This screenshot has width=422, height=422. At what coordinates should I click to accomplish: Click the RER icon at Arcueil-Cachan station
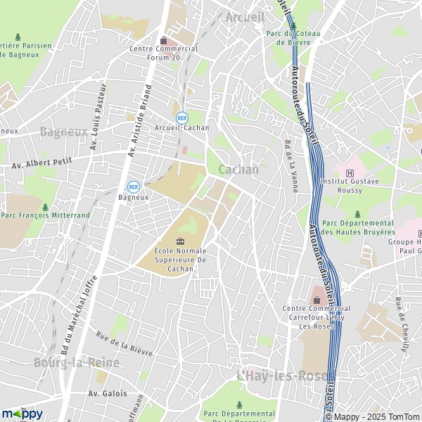(x=182, y=117)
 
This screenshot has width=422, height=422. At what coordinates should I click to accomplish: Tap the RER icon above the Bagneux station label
(x=133, y=186)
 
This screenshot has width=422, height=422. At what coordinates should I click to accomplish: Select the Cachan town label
(x=238, y=170)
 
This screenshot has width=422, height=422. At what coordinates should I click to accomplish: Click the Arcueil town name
(x=245, y=16)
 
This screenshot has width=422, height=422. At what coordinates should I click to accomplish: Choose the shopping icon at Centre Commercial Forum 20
(x=164, y=39)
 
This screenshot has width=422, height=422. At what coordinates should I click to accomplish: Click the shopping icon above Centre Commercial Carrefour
(x=316, y=292)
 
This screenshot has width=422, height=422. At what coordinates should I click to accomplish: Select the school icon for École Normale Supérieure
(x=180, y=241)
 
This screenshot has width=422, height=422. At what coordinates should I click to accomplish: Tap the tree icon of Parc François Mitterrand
(x=46, y=207)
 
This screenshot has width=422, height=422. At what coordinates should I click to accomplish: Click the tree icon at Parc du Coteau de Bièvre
(x=293, y=24)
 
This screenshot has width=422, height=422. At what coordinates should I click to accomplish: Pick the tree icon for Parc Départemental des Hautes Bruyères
(x=357, y=215)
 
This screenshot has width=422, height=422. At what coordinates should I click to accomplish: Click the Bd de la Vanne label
(x=289, y=158)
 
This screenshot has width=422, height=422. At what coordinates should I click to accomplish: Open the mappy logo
(x=22, y=414)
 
